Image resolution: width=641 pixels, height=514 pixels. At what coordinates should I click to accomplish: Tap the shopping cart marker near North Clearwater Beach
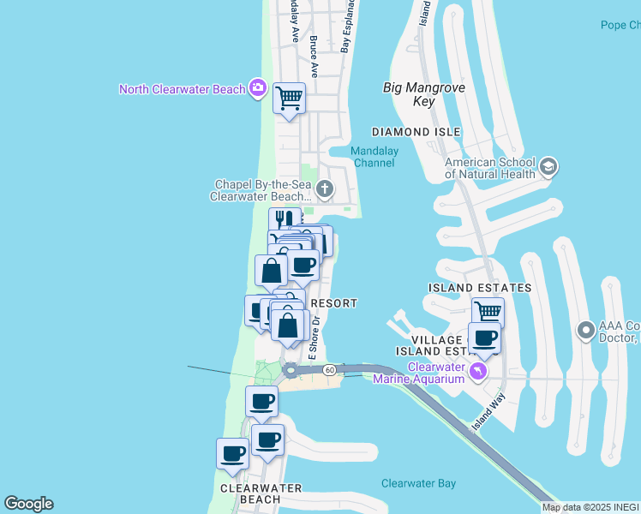(x=290, y=99)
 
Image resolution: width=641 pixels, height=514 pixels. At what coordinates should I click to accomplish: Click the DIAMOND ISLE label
(x=416, y=132)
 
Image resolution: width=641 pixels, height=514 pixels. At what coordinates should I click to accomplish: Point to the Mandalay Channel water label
(x=373, y=157)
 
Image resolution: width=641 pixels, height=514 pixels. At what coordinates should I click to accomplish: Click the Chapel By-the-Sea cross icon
(x=324, y=188)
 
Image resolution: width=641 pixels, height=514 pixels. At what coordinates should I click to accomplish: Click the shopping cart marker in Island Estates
(x=488, y=313)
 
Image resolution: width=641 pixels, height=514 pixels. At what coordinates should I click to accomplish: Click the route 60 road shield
(x=329, y=369)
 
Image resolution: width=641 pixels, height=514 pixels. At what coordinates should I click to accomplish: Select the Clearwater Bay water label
(x=418, y=483)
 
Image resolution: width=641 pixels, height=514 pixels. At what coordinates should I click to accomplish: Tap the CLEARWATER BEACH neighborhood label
(x=261, y=493)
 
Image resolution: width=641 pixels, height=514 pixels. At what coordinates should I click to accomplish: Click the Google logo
(x=28, y=504)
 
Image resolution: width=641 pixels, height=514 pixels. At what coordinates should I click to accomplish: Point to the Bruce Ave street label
(x=314, y=57)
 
